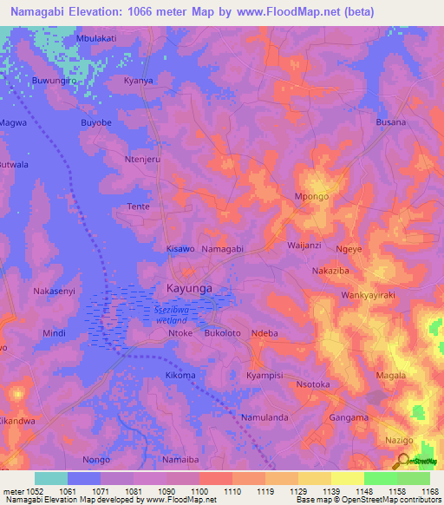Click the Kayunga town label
pyautogui.click(x=188, y=287)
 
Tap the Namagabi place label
pyautogui.click(x=222, y=249)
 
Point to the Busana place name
pyautogui.click(x=390, y=122)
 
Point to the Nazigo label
pyautogui.click(x=398, y=442)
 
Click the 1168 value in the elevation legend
pyautogui.click(x=430, y=491)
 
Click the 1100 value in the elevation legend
pyautogui.click(x=198, y=491)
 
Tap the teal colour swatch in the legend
pyautogui.click(x=51, y=478)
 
